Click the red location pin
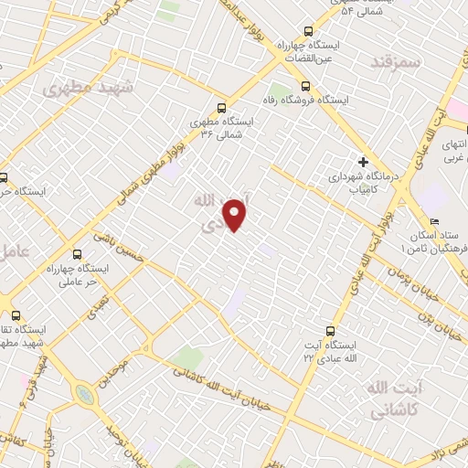pos(236,214)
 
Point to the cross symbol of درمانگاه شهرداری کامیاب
pos(363,161)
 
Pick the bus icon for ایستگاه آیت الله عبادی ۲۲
pos(330,332)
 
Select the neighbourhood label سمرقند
pos(395,62)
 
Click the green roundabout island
pos(84,394)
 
